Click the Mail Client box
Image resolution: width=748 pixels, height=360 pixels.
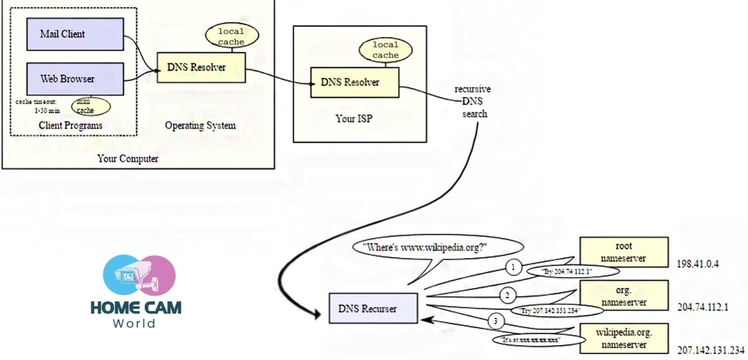tap(75, 34)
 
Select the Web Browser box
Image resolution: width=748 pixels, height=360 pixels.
tap(75, 79)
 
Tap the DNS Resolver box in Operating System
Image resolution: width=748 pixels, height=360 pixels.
tap(201, 68)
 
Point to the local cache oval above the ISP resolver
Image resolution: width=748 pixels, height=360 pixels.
tap(386, 50)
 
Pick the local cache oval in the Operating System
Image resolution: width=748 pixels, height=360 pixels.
tap(231, 36)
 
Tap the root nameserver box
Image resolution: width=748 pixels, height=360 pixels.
tap(624, 251)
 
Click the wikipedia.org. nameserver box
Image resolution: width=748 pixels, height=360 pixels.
tap(624, 338)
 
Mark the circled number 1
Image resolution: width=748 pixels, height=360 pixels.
tap(513, 268)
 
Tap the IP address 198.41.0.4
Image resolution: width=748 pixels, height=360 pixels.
tap(698, 264)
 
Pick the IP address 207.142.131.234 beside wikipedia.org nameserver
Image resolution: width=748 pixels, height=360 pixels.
tap(711, 350)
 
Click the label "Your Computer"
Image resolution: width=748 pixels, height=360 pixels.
tap(128, 159)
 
